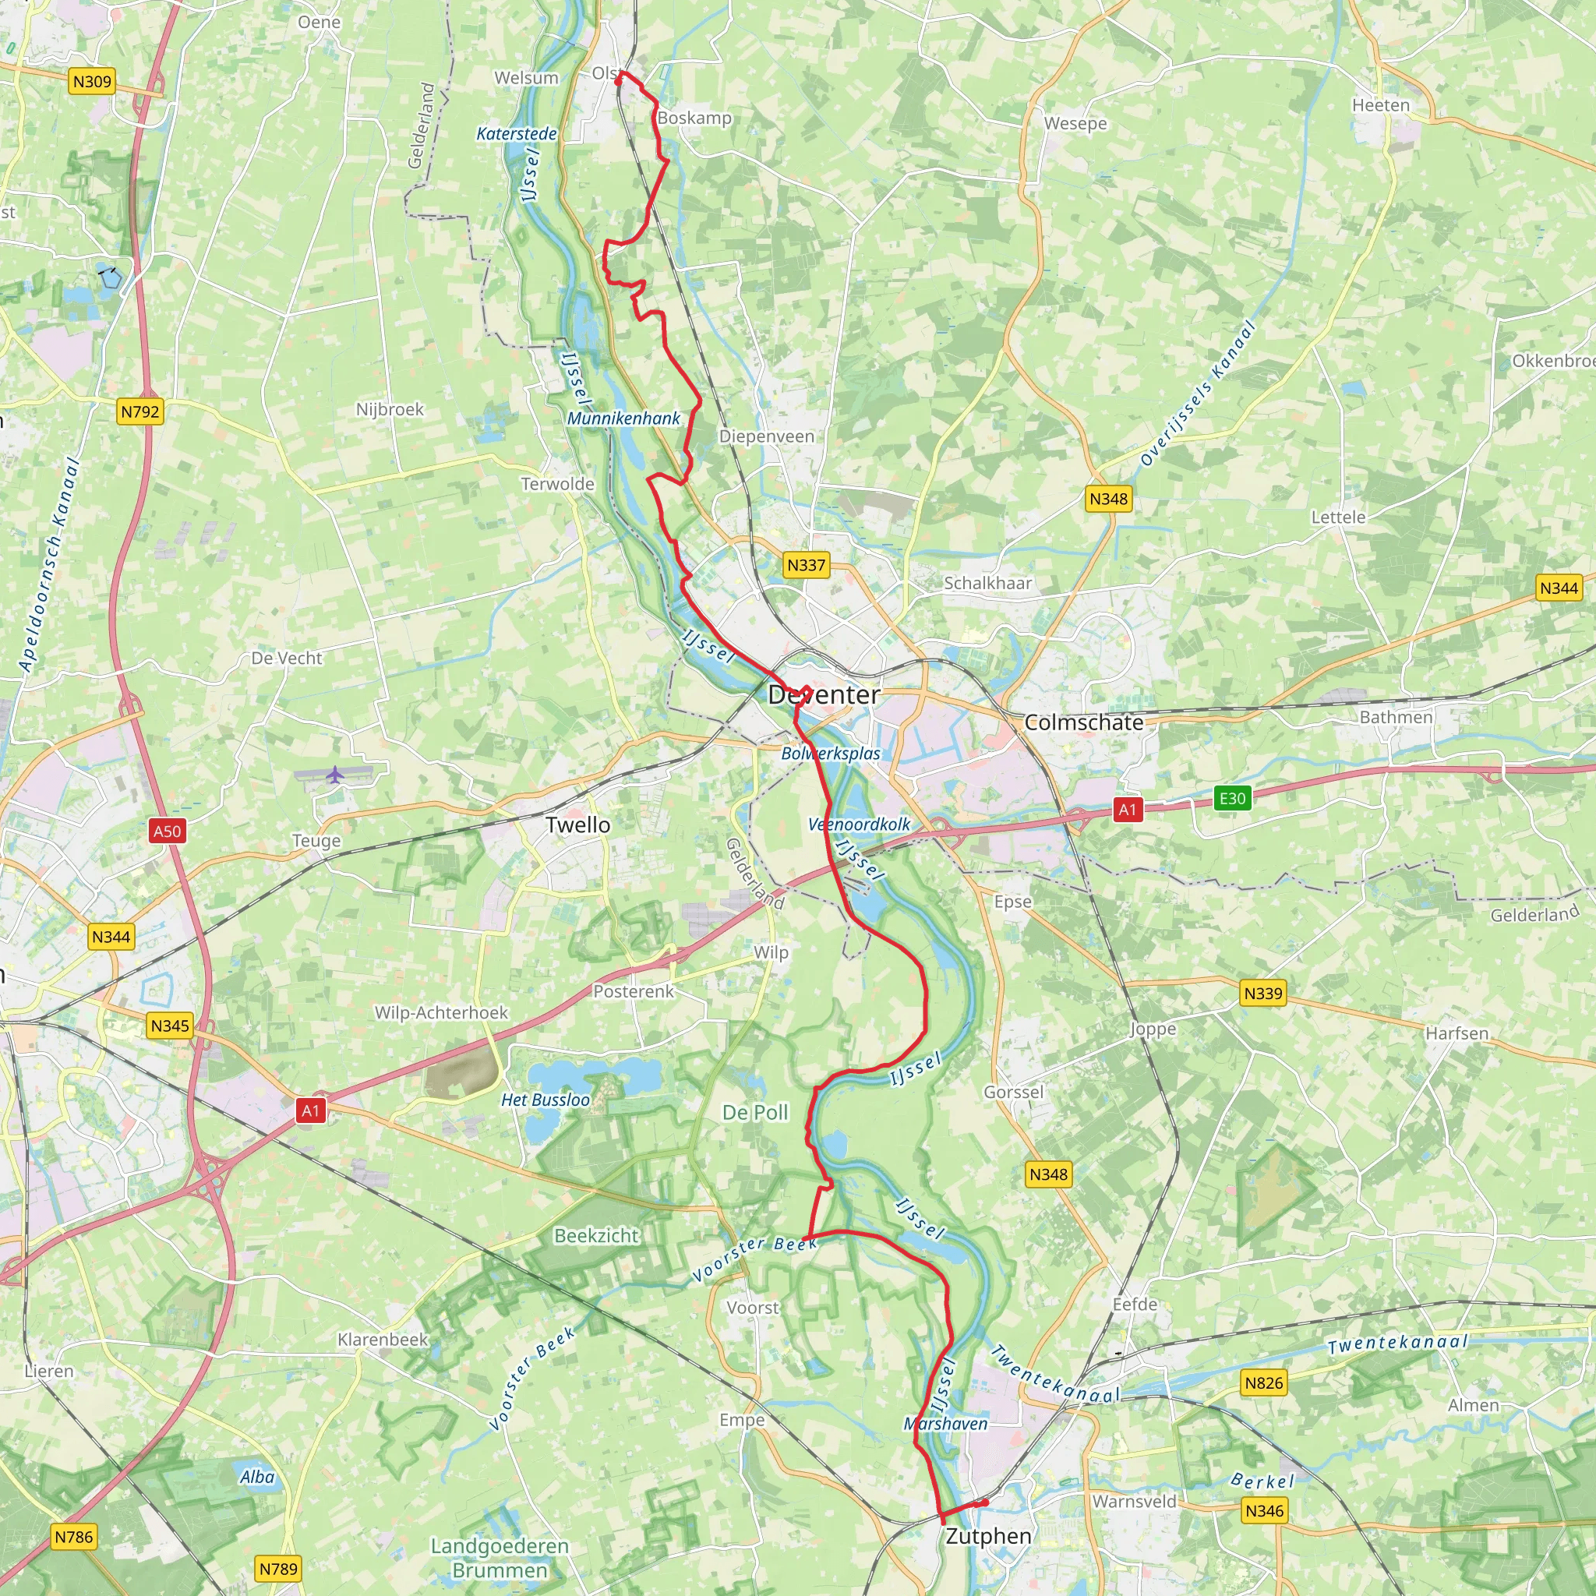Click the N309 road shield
tap(92, 81)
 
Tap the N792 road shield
tap(139, 411)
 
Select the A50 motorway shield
tap(167, 831)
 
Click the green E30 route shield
tap(1232, 798)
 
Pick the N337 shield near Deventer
tap(806, 565)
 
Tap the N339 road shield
tap(1263, 993)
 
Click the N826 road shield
tap(1264, 1383)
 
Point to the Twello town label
tap(578, 825)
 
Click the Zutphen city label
tap(989, 1537)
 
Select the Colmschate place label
tap(1084, 723)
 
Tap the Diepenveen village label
tap(767, 436)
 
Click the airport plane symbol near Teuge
tap(334, 775)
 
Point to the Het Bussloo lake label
tap(546, 1100)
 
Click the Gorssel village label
tap(1014, 1092)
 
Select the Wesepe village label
tap(1075, 124)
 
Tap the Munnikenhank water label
tap(623, 418)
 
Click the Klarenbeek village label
tap(383, 1339)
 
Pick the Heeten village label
tap(1381, 106)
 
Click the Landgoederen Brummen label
tap(500, 1558)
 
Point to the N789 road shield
tap(278, 1569)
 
